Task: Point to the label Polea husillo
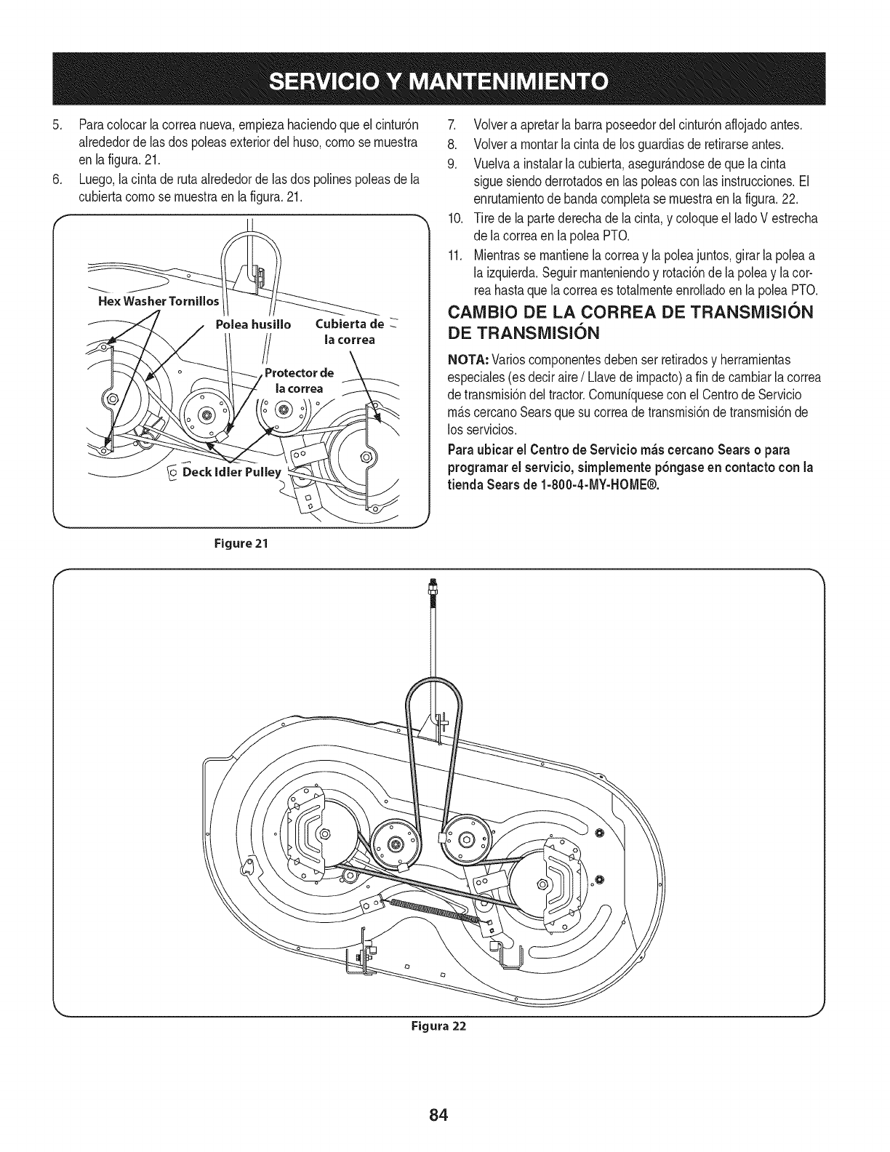coord(254,324)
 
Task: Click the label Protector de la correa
coord(298,380)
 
